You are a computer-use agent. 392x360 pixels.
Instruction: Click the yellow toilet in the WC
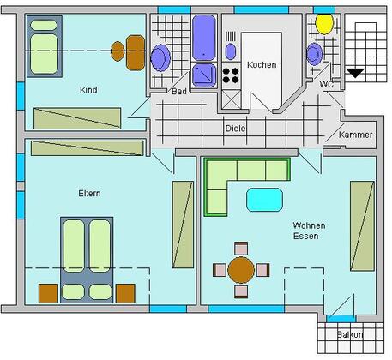(x=324, y=24)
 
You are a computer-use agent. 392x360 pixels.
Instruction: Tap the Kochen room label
(x=262, y=65)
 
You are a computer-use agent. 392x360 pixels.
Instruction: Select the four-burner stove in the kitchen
(x=231, y=75)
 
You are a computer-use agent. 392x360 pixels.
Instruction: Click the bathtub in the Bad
(x=203, y=38)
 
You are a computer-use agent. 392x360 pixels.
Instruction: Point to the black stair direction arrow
(x=355, y=73)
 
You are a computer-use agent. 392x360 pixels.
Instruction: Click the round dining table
(x=241, y=270)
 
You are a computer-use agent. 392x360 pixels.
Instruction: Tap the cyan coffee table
(x=264, y=200)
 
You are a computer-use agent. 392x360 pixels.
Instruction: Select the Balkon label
(x=350, y=334)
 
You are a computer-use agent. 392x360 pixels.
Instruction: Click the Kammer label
(x=355, y=135)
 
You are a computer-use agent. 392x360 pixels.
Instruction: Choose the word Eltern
(x=89, y=194)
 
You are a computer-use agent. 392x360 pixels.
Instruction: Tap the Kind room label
(x=88, y=90)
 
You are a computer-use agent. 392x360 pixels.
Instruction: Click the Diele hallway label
(x=235, y=129)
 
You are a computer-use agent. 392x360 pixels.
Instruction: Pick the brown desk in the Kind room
(x=136, y=52)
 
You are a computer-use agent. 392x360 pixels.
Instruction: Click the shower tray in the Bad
(x=204, y=75)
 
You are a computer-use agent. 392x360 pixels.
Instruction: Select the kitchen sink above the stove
(x=231, y=51)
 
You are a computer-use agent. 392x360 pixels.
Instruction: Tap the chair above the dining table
(x=241, y=249)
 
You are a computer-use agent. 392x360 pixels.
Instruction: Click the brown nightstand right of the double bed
(x=125, y=293)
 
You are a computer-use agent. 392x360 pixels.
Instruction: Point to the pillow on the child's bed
(x=44, y=25)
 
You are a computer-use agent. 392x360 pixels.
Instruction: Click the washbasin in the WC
(x=314, y=54)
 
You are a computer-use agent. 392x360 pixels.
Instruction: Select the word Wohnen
(x=309, y=225)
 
